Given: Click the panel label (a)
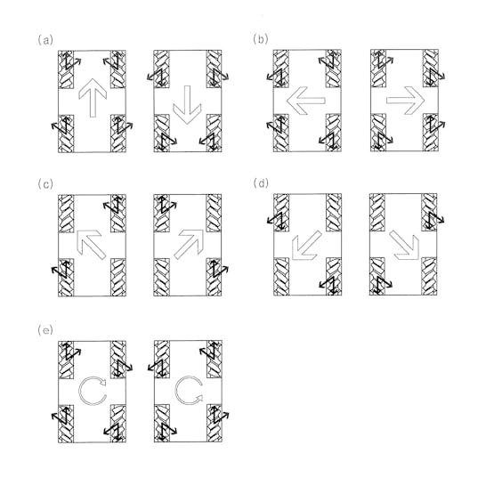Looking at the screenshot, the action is [x=45, y=40].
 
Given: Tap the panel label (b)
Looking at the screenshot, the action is [x=261, y=39].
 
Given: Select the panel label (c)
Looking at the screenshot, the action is [x=45, y=184].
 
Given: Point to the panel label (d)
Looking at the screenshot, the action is [x=261, y=183].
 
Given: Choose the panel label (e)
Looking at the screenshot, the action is [x=45, y=330].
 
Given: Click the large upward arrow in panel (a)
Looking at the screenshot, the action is [x=93, y=101].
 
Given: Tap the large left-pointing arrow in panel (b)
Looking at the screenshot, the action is [x=306, y=101].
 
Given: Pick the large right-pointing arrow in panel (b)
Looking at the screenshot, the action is [x=406, y=101].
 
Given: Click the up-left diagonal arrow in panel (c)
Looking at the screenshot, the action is [x=91, y=245].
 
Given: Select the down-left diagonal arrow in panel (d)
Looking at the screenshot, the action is [x=305, y=246].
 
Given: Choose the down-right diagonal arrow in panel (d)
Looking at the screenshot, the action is [x=405, y=246].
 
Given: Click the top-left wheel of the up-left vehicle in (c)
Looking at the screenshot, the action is [x=66, y=214].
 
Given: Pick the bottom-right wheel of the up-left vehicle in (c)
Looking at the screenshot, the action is [x=118, y=278].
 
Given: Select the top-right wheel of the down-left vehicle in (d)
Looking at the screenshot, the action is [x=334, y=213].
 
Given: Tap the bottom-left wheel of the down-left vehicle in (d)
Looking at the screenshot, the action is [x=281, y=277].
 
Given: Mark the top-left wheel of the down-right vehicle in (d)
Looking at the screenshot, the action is [x=377, y=213].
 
